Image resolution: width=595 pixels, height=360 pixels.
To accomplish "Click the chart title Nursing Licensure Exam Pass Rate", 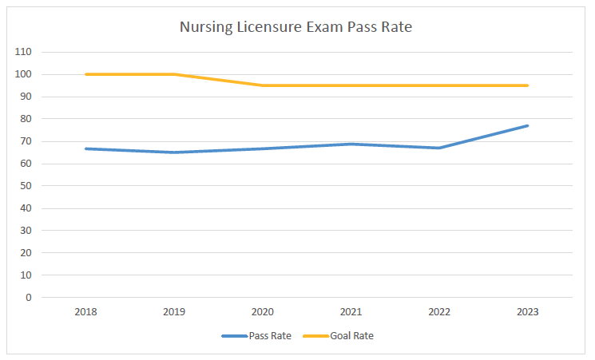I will tap(296, 28).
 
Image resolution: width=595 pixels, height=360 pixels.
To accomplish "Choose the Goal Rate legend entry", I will tap(351, 336).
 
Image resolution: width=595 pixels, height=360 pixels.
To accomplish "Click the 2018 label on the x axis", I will tap(85, 312).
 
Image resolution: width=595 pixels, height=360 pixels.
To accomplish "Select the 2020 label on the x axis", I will tap(263, 312).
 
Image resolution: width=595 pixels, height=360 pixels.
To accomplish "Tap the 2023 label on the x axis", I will tap(528, 312).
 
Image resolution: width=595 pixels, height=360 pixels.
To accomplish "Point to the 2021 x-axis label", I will tap(351, 312).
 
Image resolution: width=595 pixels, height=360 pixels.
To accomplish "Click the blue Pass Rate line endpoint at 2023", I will tap(528, 125).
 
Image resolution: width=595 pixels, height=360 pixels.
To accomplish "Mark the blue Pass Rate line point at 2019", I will tap(174, 152).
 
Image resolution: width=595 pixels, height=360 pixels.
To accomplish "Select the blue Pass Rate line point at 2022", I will tap(439, 148).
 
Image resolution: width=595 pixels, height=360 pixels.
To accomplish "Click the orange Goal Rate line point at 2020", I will tap(263, 85).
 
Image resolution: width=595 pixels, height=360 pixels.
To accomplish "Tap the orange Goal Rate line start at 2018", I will tap(85, 74).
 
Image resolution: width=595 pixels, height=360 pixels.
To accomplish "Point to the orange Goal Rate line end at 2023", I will tap(528, 85).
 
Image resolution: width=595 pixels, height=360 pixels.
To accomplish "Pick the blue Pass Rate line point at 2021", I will tap(351, 144).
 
